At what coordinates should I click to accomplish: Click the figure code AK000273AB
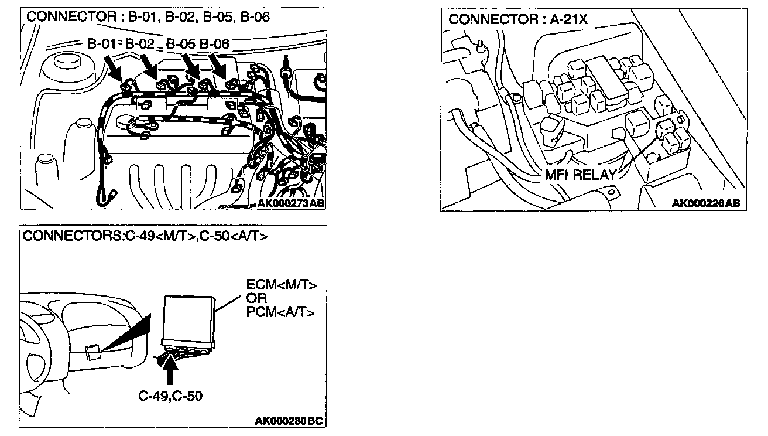click(291, 203)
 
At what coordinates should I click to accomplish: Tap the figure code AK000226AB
click(706, 203)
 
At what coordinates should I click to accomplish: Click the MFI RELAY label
click(580, 175)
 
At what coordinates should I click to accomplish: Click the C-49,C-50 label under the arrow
click(170, 396)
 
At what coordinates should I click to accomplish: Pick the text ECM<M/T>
click(281, 285)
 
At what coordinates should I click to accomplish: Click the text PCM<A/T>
click(281, 312)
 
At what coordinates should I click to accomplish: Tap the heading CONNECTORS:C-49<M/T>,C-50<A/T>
click(145, 237)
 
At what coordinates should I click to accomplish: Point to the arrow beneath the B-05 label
click(191, 66)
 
